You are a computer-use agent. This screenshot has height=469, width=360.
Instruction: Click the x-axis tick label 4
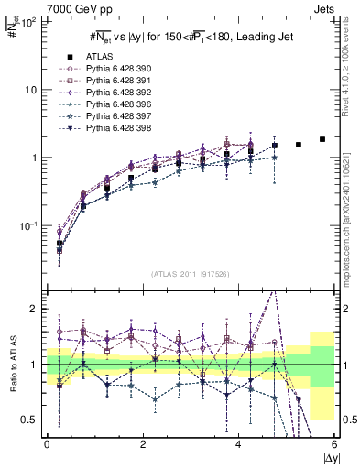pos(238,443)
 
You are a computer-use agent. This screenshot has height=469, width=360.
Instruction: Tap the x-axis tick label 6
pos(334,443)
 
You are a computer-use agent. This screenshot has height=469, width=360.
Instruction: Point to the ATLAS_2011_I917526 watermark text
pos(190,274)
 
